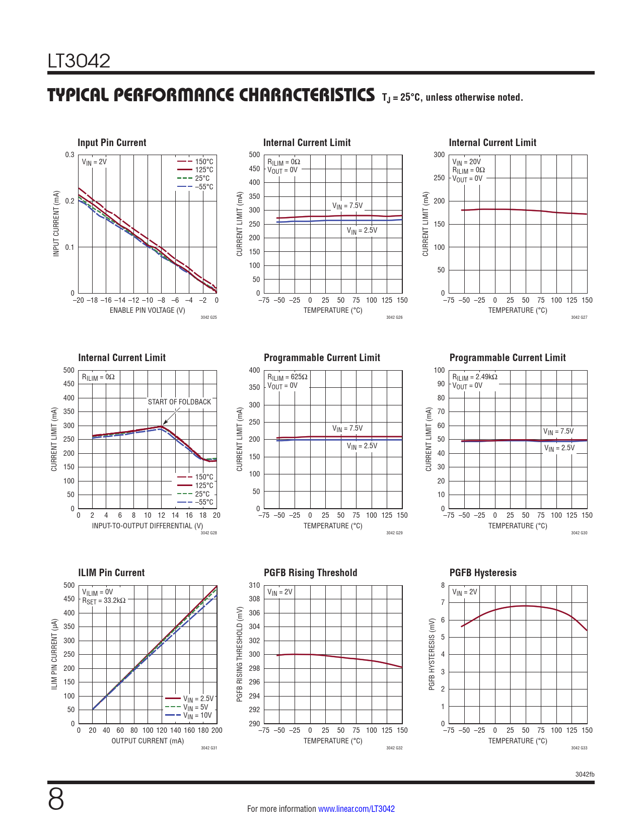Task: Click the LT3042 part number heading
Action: (79, 61)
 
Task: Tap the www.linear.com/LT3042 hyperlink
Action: (356, 809)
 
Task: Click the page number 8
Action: (56, 800)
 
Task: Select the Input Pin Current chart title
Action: (112, 143)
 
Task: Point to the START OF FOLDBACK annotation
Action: (179, 402)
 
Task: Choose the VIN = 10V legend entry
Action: (197, 715)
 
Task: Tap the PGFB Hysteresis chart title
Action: (483, 573)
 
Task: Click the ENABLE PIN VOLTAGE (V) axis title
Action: (148, 310)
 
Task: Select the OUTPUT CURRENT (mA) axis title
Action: (148, 741)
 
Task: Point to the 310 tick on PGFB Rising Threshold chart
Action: (254, 585)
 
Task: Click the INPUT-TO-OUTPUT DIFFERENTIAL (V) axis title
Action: (148, 526)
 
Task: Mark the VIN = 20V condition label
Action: (466, 162)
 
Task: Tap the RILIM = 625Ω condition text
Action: (287, 377)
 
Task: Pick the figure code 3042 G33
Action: (579, 748)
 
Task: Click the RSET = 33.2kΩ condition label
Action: (104, 600)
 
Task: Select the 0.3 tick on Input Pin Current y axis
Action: (69, 155)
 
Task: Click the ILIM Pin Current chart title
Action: (111, 573)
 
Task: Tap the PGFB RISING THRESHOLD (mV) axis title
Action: (240, 654)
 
